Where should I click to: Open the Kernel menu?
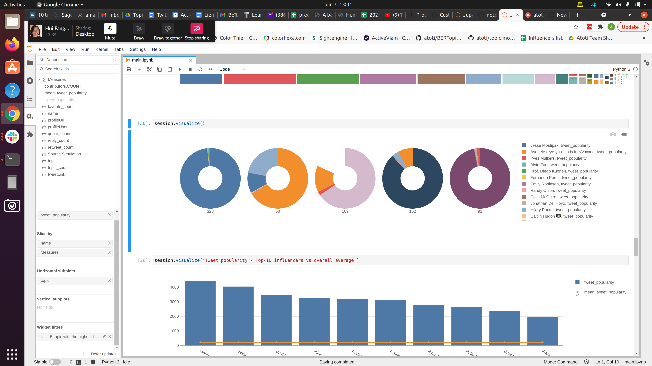[x=102, y=49]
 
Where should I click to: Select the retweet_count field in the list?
[x=60, y=147]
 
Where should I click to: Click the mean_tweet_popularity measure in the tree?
[x=65, y=93]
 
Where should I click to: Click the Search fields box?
[x=78, y=69]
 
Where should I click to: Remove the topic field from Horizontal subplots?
[x=110, y=280]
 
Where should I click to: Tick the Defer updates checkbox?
[x=86, y=354]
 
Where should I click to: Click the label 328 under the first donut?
[x=210, y=211]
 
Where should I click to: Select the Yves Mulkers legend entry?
[x=558, y=158]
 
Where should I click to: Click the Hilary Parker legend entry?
[x=558, y=210]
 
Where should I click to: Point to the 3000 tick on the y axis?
[x=174, y=302]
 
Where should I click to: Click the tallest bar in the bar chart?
[x=200, y=313]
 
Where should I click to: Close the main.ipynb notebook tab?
[x=191, y=60]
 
